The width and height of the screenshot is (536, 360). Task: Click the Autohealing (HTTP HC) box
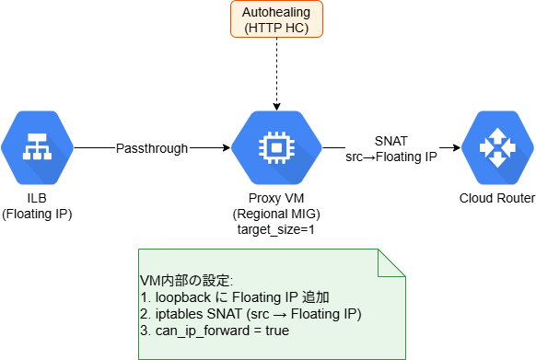tap(276, 19)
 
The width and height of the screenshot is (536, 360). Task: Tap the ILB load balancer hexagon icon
tap(37, 147)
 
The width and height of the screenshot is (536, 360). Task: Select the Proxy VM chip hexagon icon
tap(276, 147)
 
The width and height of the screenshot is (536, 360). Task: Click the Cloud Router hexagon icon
tap(497, 147)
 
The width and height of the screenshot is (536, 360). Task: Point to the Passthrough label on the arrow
tap(152, 148)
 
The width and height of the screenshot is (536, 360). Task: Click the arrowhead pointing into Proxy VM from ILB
tap(227, 147)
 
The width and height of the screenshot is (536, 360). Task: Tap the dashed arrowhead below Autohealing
tap(276, 106)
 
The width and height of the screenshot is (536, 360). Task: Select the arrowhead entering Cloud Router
tap(457, 147)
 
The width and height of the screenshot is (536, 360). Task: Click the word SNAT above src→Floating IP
tap(391, 141)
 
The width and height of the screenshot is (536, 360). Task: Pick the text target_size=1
tap(276, 229)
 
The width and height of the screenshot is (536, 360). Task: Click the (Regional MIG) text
tap(276, 214)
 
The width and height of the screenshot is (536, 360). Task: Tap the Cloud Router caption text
tap(497, 198)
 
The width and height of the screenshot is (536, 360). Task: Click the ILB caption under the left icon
tap(37, 198)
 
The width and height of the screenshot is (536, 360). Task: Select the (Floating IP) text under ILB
tap(37, 214)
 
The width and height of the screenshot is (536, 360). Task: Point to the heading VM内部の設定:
tap(186, 281)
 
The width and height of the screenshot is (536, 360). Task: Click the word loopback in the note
tap(183, 297)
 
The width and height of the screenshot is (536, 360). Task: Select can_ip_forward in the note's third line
tap(203, 331)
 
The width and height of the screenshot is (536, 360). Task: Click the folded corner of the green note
tap(391, 262)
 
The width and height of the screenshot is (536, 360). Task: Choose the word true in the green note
tap(277, 331)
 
